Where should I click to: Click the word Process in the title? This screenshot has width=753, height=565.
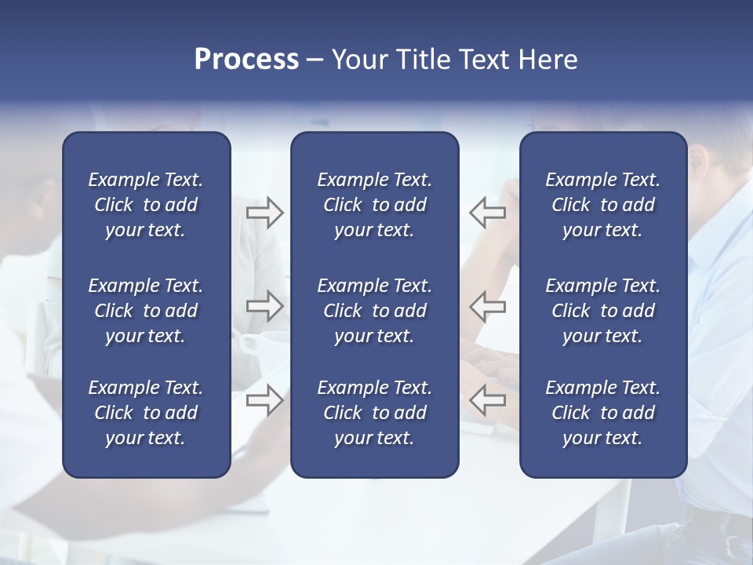click(x=246, y=60)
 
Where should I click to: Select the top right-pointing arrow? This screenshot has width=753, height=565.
click(x=264, y=213)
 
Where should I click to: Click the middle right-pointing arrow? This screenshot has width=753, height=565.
click(x=264, y=306)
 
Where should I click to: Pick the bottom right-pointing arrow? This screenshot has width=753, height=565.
click(x=264, y=399)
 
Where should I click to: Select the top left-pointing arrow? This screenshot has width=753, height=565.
click(x=488, y=213)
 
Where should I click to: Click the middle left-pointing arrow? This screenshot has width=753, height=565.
click(x=488, y=306)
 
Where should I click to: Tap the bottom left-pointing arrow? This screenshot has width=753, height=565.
click(x=488, y=399)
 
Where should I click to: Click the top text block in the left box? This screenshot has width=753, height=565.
click(x=146, y=205)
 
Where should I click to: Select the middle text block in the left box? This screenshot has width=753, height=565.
click(x=146, y=311)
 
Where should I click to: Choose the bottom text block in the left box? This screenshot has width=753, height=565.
click(x=146, y=413)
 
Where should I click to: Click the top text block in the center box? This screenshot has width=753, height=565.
click(x=374, y=205)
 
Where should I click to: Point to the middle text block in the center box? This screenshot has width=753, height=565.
click(x=374, y=311)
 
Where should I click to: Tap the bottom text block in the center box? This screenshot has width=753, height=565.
click(x=374, y=413)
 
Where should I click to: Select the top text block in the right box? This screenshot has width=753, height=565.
click(x=602, y=205)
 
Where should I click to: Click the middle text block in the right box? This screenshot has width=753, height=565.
click(x=602, y=311)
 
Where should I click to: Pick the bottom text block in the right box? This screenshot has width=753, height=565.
click(x=602, y=413)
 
